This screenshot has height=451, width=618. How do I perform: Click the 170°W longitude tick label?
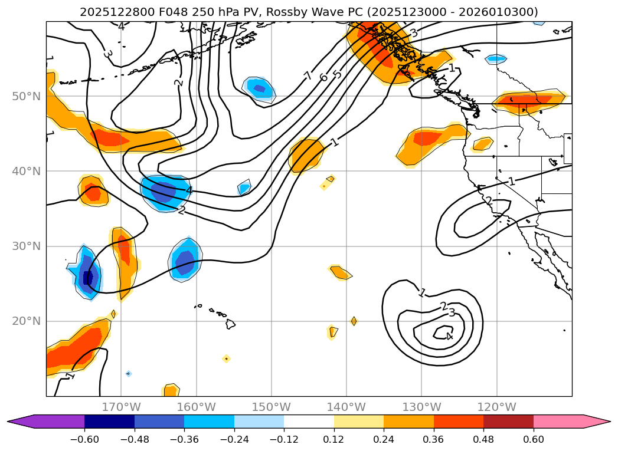tap(121, 407)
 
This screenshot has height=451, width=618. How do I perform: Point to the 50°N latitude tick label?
tap(27, 96)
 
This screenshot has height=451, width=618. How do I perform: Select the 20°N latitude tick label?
tap(27, 321)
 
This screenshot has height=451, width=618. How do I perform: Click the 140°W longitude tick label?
tap(346, 407)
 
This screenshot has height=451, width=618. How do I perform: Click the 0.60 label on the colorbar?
tap(533, 440)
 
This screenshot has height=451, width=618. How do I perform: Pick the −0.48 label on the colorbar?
tap(135, 440)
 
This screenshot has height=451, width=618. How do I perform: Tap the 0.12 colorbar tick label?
tap(334, 440)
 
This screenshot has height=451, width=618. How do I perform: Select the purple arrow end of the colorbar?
tap(21, 422)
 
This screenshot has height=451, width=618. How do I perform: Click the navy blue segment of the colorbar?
tap(109, 422)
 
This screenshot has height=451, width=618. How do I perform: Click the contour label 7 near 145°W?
tap(308, 76)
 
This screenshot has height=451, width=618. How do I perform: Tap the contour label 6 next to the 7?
tap(323, 77)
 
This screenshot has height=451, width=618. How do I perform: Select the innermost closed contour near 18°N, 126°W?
tap(443, 334)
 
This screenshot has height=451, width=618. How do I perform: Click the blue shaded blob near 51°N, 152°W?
tap(260, 88)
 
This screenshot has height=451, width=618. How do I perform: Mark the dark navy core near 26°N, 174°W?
tap(89, 278)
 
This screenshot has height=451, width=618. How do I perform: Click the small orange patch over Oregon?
tap(483, 143)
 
